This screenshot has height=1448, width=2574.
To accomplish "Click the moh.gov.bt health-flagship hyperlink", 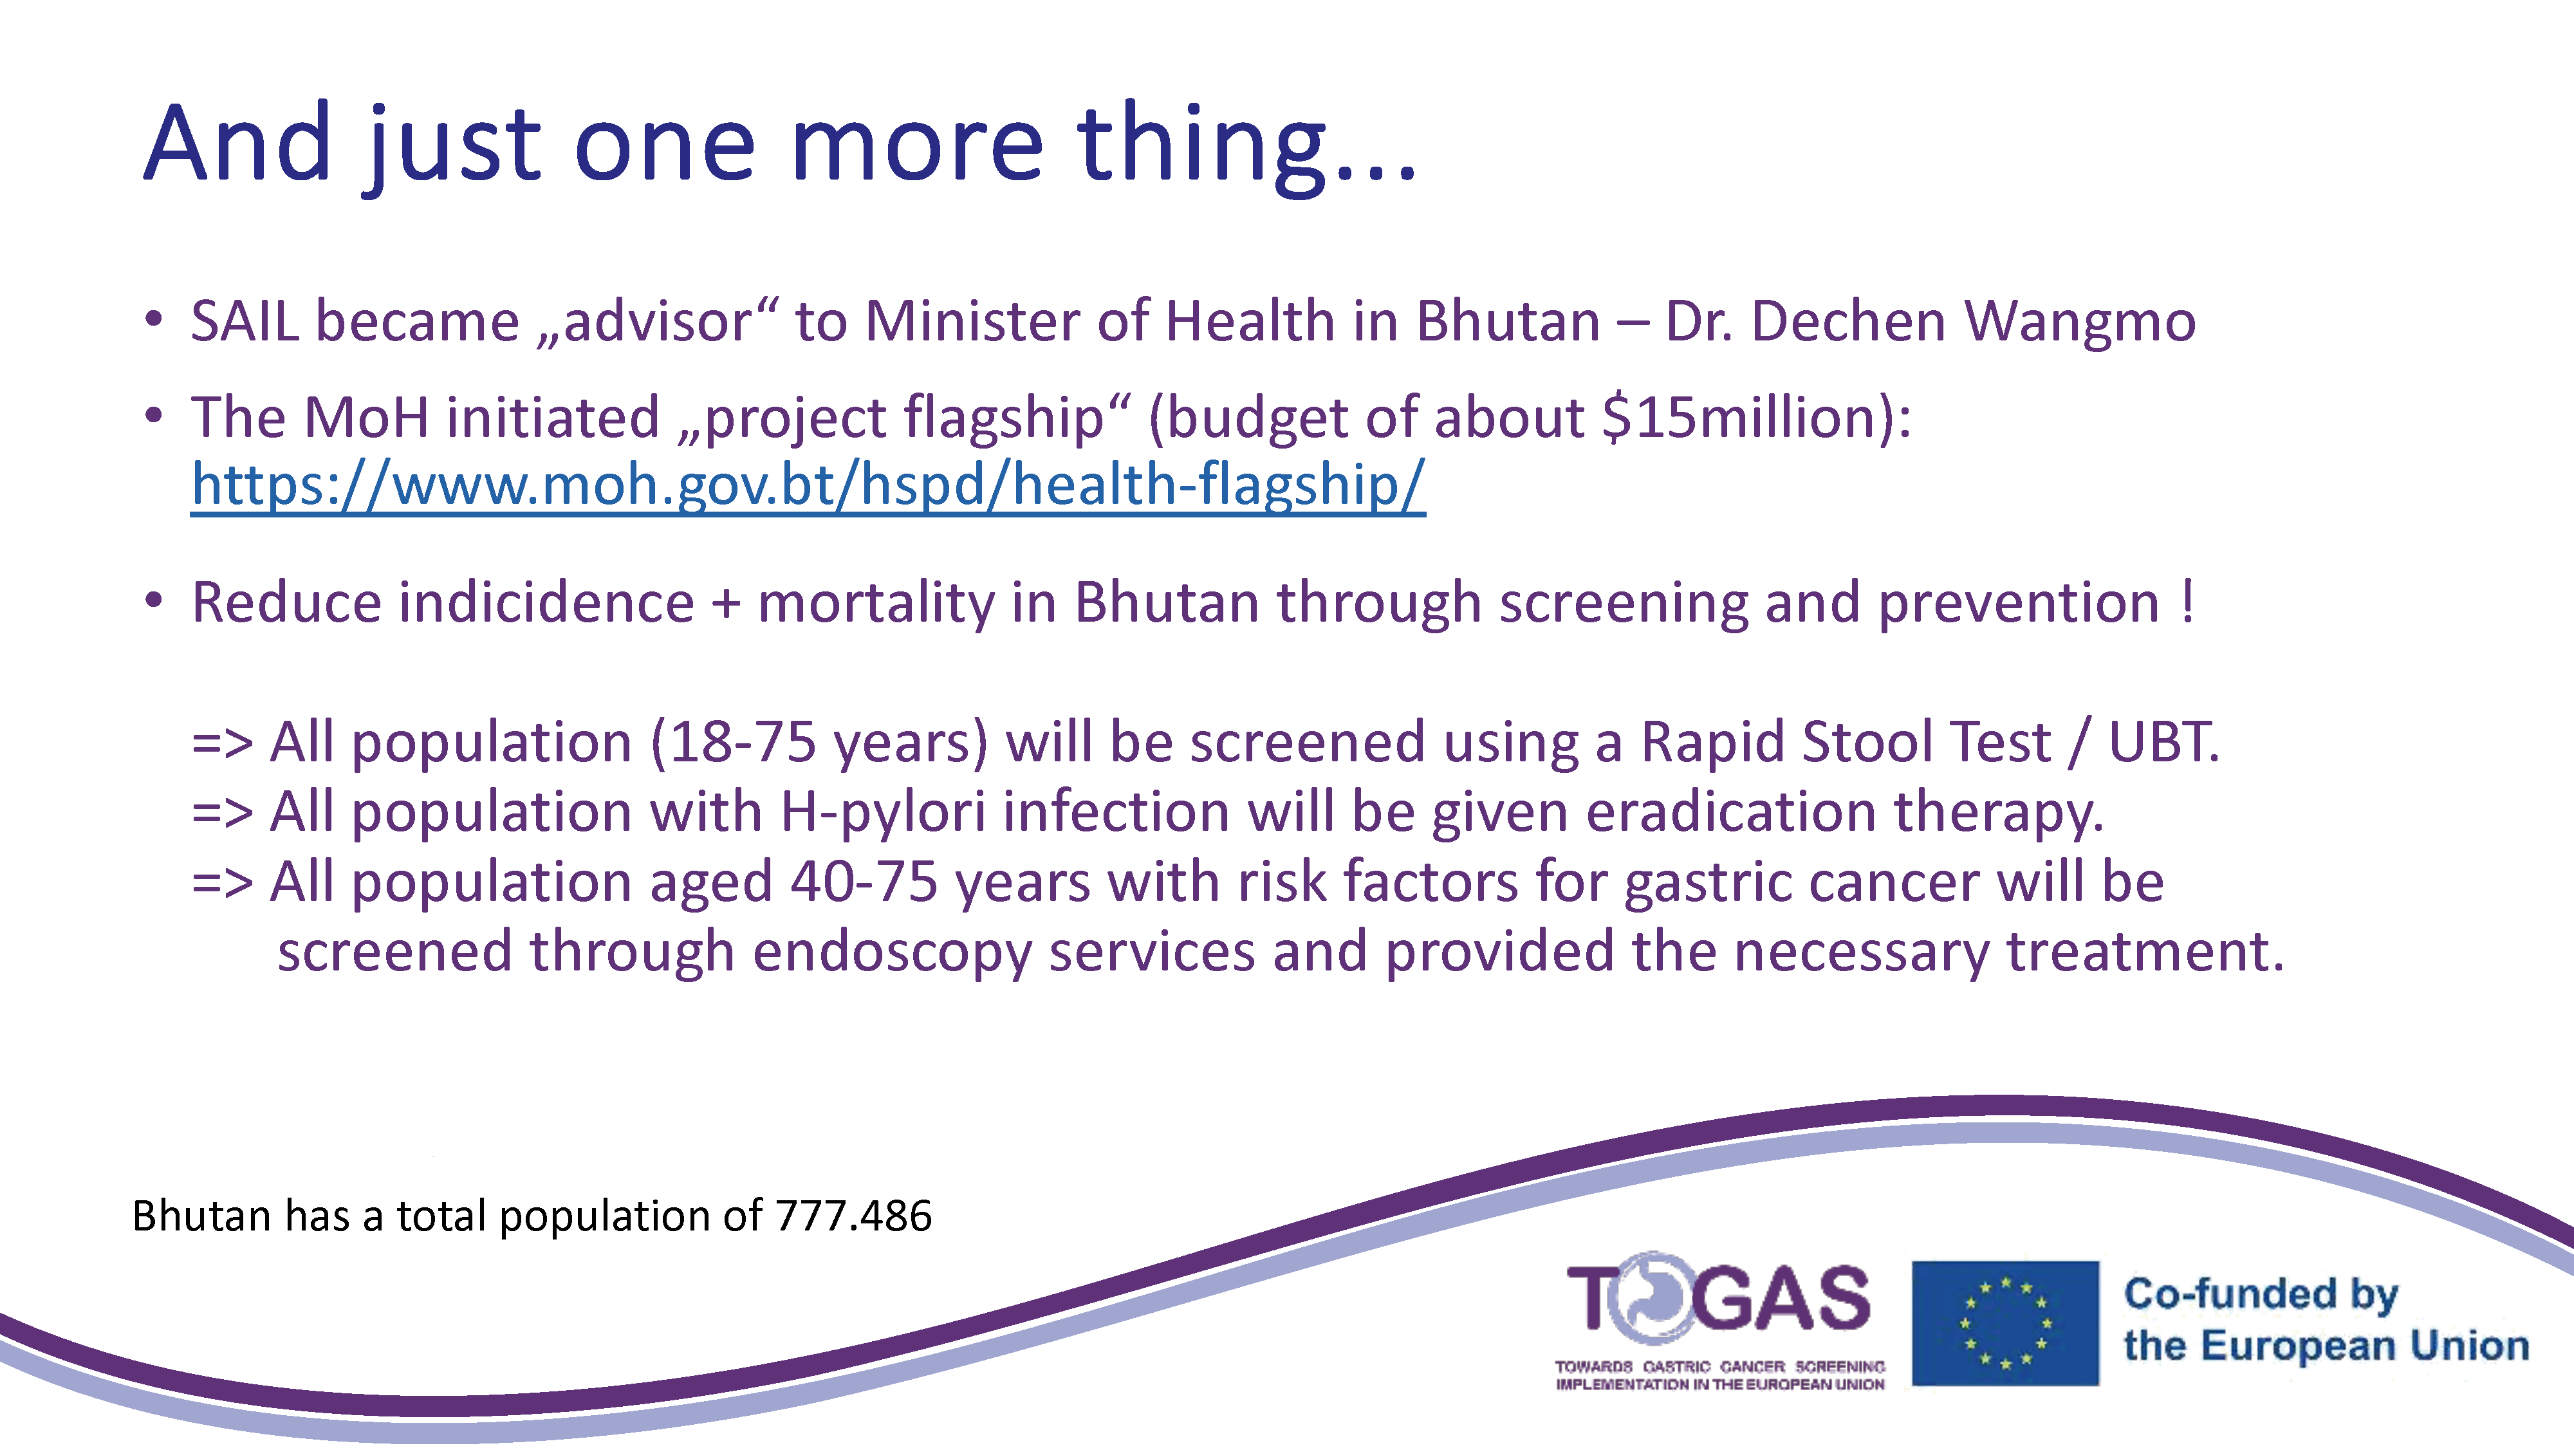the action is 808,487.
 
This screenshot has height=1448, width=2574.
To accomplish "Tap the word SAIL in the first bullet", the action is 245,322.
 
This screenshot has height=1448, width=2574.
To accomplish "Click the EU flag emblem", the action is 2005,1323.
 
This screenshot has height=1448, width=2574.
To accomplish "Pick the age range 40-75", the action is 864,884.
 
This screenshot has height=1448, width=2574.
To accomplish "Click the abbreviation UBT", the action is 2163,743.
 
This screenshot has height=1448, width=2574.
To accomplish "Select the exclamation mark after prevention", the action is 2189,602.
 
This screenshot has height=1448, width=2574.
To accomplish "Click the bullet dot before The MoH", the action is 153,414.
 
